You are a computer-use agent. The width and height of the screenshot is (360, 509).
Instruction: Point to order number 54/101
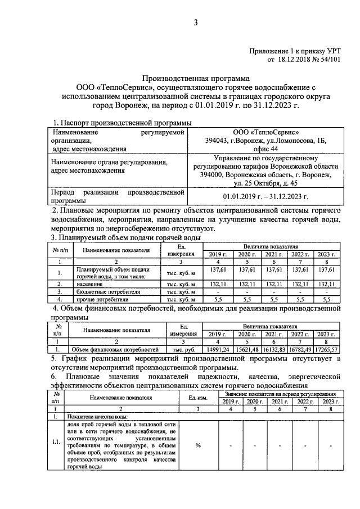tap(330, 58)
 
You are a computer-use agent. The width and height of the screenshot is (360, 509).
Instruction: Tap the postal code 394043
tap(217, 141)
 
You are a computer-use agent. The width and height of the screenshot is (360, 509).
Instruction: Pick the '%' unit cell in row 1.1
tap(199, 445)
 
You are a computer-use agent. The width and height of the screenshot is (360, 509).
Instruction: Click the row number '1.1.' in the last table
tap(56, 442)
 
